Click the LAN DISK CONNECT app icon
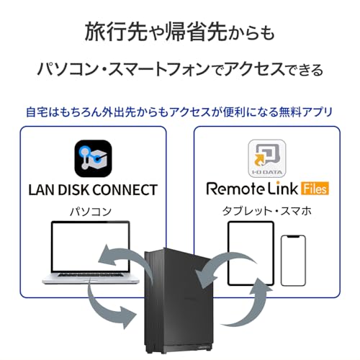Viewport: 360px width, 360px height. (x=94, y=158)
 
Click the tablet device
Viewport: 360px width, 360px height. (x=250, y=248)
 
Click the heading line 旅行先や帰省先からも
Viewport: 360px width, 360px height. (x=180, y=32)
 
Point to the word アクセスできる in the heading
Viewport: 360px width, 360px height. (x=274, y=70)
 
